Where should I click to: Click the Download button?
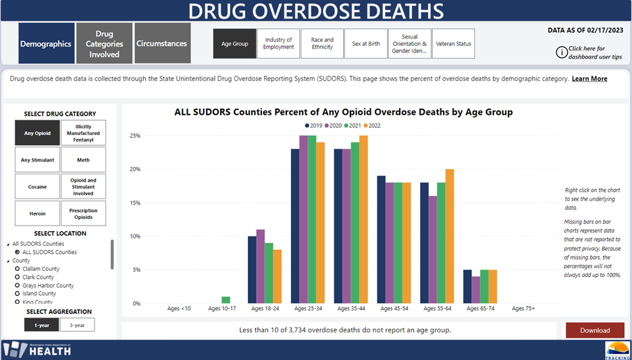coord(595,330)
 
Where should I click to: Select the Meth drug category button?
coord(83,160)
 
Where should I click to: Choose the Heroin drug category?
coord(37,213)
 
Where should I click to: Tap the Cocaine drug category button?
coord(37,186)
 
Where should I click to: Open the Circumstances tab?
coord(162,44)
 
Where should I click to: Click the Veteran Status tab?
coord(454,44)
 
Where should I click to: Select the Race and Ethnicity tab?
coord(322,44)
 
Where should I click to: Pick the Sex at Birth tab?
coord(366,44)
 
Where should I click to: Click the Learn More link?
coord(589,79)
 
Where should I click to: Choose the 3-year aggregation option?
coord(77,325)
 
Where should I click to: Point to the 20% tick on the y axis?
coord(134,170)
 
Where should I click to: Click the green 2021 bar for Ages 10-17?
coord(226,300)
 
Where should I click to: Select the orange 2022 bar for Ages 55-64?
coord(450,236)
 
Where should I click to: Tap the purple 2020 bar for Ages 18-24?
coord(261,267)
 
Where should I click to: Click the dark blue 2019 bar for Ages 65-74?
coord(467,286)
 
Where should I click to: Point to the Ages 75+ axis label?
coord(523,309)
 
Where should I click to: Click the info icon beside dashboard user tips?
coord(561,52)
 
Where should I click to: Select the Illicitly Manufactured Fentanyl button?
coord(83,133)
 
